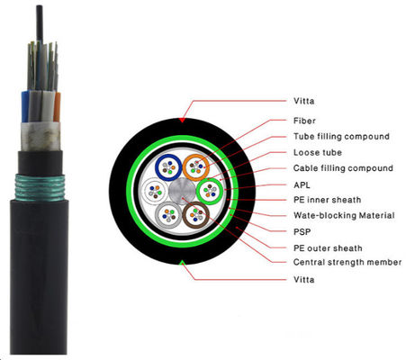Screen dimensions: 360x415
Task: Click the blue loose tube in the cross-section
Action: click(167, 167)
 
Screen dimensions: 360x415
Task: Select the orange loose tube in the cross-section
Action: click(196, 167)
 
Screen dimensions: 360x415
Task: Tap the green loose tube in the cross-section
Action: click(210, 191)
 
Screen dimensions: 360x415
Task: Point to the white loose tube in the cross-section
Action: click(153, 192)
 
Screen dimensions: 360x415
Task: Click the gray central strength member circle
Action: click(182, 192)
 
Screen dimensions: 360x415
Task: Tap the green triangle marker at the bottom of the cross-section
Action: click(184, 265)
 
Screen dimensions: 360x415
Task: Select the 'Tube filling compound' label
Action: click(342, 136)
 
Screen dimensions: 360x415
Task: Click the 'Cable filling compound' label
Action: click(343, 168)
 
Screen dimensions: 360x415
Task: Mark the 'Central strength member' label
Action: click(347, 263)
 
